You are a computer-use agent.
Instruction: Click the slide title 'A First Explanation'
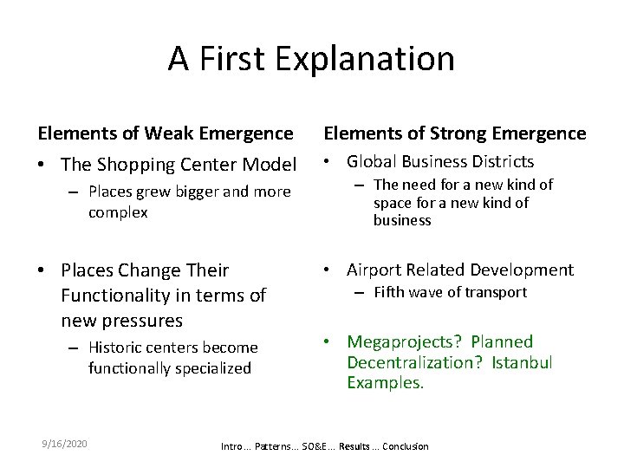pyautogui.click(x=311, y=59)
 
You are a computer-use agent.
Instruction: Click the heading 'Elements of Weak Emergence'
pyautogui.click(x=166, y=133)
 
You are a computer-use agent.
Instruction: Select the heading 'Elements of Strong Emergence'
pyautogui.click(x=454, y=133)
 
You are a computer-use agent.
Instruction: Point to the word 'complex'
pyautogui.click(x=118, y=211)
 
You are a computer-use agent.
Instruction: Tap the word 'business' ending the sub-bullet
pyautogui.click(x=402, y=220)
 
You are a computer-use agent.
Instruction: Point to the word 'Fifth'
pyautogui.click(x=390, y=292)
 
